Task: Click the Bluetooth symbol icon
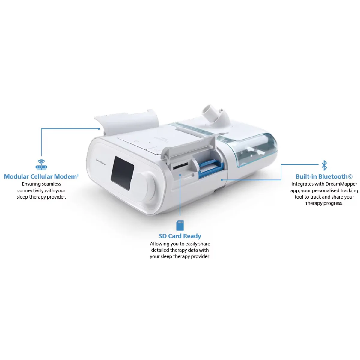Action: tap(324, 165)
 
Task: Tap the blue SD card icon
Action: tap(180, 225)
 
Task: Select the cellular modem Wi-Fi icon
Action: tap(41, 165)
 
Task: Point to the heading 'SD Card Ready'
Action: tap(180, 236)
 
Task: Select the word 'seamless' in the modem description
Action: tap(50, 184)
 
